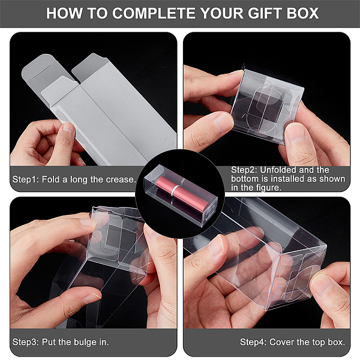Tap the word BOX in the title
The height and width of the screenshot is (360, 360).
tap(302, 13)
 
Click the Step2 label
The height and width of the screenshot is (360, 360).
tap(244, 170)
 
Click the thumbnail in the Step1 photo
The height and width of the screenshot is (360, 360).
tap(68, 127)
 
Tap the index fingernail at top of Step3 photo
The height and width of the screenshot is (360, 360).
tap(88, 222)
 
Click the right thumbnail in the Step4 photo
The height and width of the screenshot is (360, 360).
tap(323, 284)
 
